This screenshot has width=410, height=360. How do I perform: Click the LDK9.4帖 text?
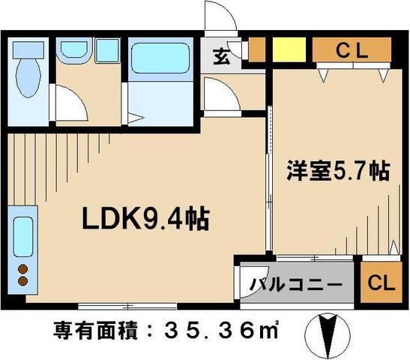point(145,220)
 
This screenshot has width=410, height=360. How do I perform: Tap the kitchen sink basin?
point(23,237)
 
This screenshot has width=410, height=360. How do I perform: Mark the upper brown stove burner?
point(22,268)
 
